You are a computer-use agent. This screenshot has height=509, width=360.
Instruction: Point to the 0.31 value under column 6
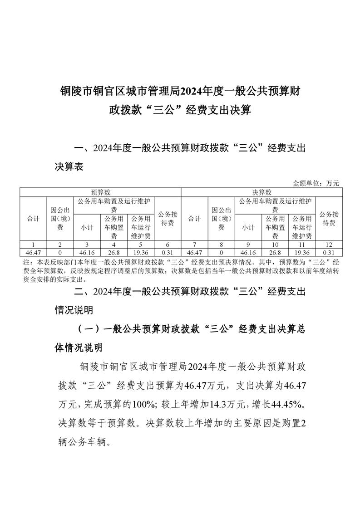coord(168,252)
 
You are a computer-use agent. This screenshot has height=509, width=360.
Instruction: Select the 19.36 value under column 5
coord(141,252)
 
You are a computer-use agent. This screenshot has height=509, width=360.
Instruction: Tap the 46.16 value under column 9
coord(248,252)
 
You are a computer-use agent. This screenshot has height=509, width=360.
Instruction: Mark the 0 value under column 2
coord(60,252)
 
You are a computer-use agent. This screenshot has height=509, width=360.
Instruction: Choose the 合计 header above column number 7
coord(195,219)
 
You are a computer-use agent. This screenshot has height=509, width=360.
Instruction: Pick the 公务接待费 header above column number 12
coord(329,219)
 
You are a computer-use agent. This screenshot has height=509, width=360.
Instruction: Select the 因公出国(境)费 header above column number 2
coord(60,219)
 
